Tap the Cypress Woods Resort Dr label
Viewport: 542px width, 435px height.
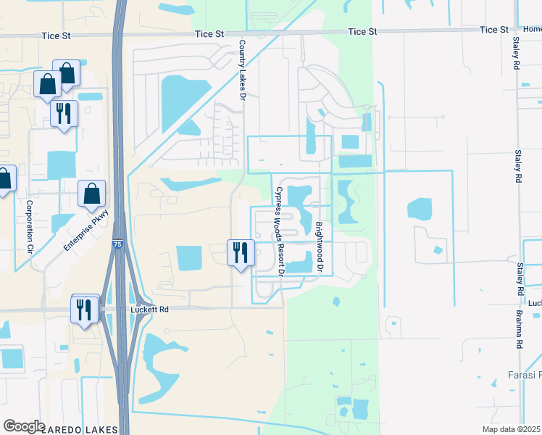pyautogui.click(x=279, y=231)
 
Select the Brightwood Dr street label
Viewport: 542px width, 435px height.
pyautogui.click(x=317, y=246)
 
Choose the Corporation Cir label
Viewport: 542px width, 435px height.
pyautogui.click(x=29, y=225)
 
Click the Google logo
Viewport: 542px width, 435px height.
pyautogui.click(x=24, y=426)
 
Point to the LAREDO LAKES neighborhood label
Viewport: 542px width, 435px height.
pyautogui.click(x=80, y=429)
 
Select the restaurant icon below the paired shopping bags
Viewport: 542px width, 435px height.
pyautogui.click(x=64, y=112)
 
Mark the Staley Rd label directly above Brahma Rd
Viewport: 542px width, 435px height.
pyautogui.click(x=520, y=279)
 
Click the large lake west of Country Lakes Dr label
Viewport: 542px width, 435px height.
pyautogui.click(x=178, y=101)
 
